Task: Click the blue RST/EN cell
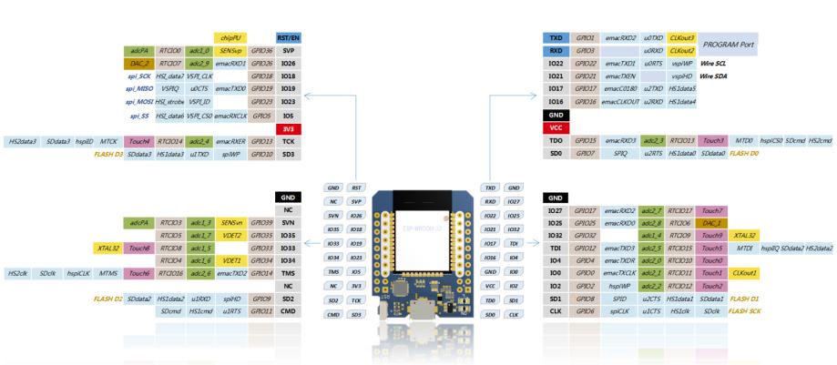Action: pos(288,37)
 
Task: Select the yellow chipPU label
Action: pos(226,37)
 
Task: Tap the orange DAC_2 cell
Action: pos(138,64)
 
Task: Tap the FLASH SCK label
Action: pos(744,311)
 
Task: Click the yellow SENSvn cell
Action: pos(230,222)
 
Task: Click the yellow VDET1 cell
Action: pos(230,259)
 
